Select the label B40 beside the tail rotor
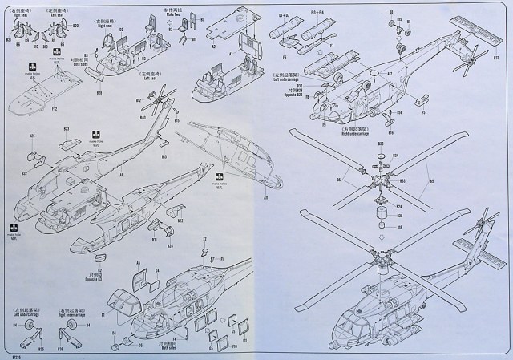pos(143,118)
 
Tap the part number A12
pos(389,74)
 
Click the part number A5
pos(137,263)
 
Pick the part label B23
pos(66,129)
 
